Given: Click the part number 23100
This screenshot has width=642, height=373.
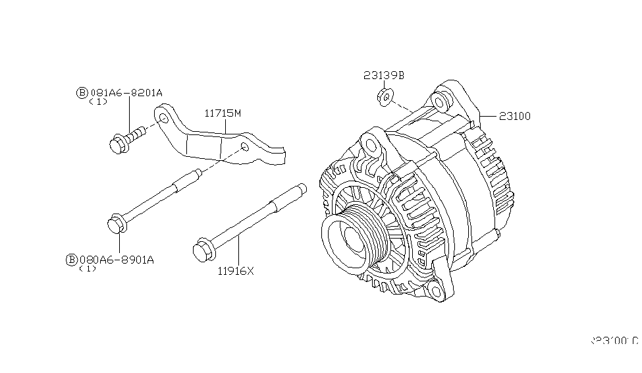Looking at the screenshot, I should coord(515,117).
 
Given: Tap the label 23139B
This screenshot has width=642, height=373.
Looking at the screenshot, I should coord(384,76).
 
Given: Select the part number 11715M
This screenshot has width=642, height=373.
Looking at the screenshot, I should coord(222,113).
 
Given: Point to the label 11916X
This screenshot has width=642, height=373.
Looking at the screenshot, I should coord(235,270).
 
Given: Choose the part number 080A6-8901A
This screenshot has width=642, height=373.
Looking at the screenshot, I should coord(116,260).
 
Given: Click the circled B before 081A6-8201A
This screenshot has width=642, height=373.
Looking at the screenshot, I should coord(82,93).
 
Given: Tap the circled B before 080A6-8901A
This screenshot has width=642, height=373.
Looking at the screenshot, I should coord(72,260).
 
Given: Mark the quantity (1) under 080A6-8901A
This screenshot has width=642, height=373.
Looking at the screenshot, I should coord(87,269).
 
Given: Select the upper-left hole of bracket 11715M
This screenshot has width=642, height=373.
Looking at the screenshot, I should coord(162,119).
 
